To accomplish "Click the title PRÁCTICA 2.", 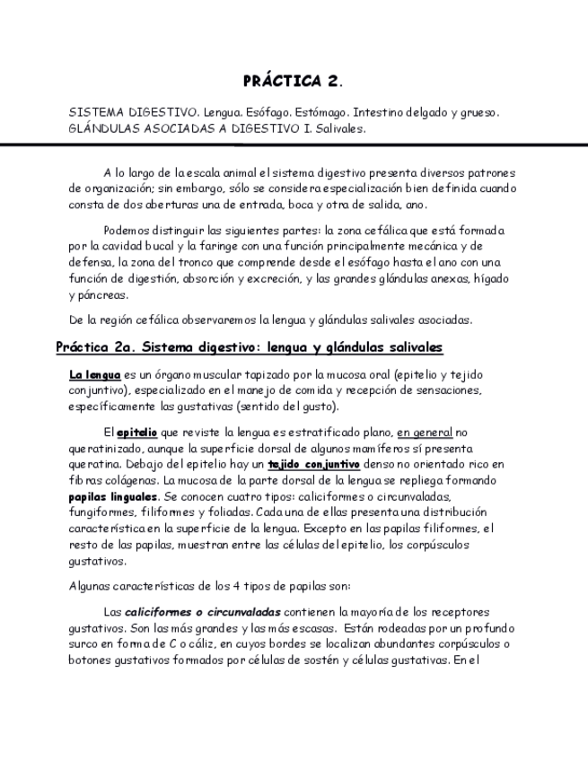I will (x=293, y=81).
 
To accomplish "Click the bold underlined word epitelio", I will (x=136, y=431).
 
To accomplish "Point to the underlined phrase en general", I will (x=426, y=431).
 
